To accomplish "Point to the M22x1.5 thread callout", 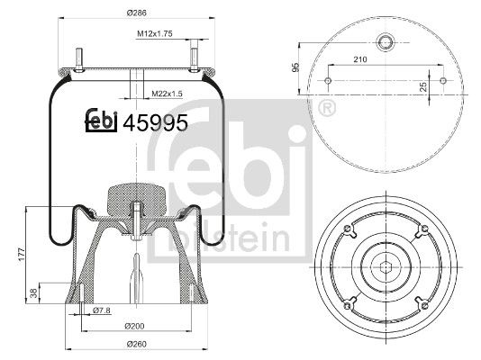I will (166, 94).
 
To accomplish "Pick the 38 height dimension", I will (34, 293).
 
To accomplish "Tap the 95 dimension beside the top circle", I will (295, 67).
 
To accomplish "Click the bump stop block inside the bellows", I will (133, 199).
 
